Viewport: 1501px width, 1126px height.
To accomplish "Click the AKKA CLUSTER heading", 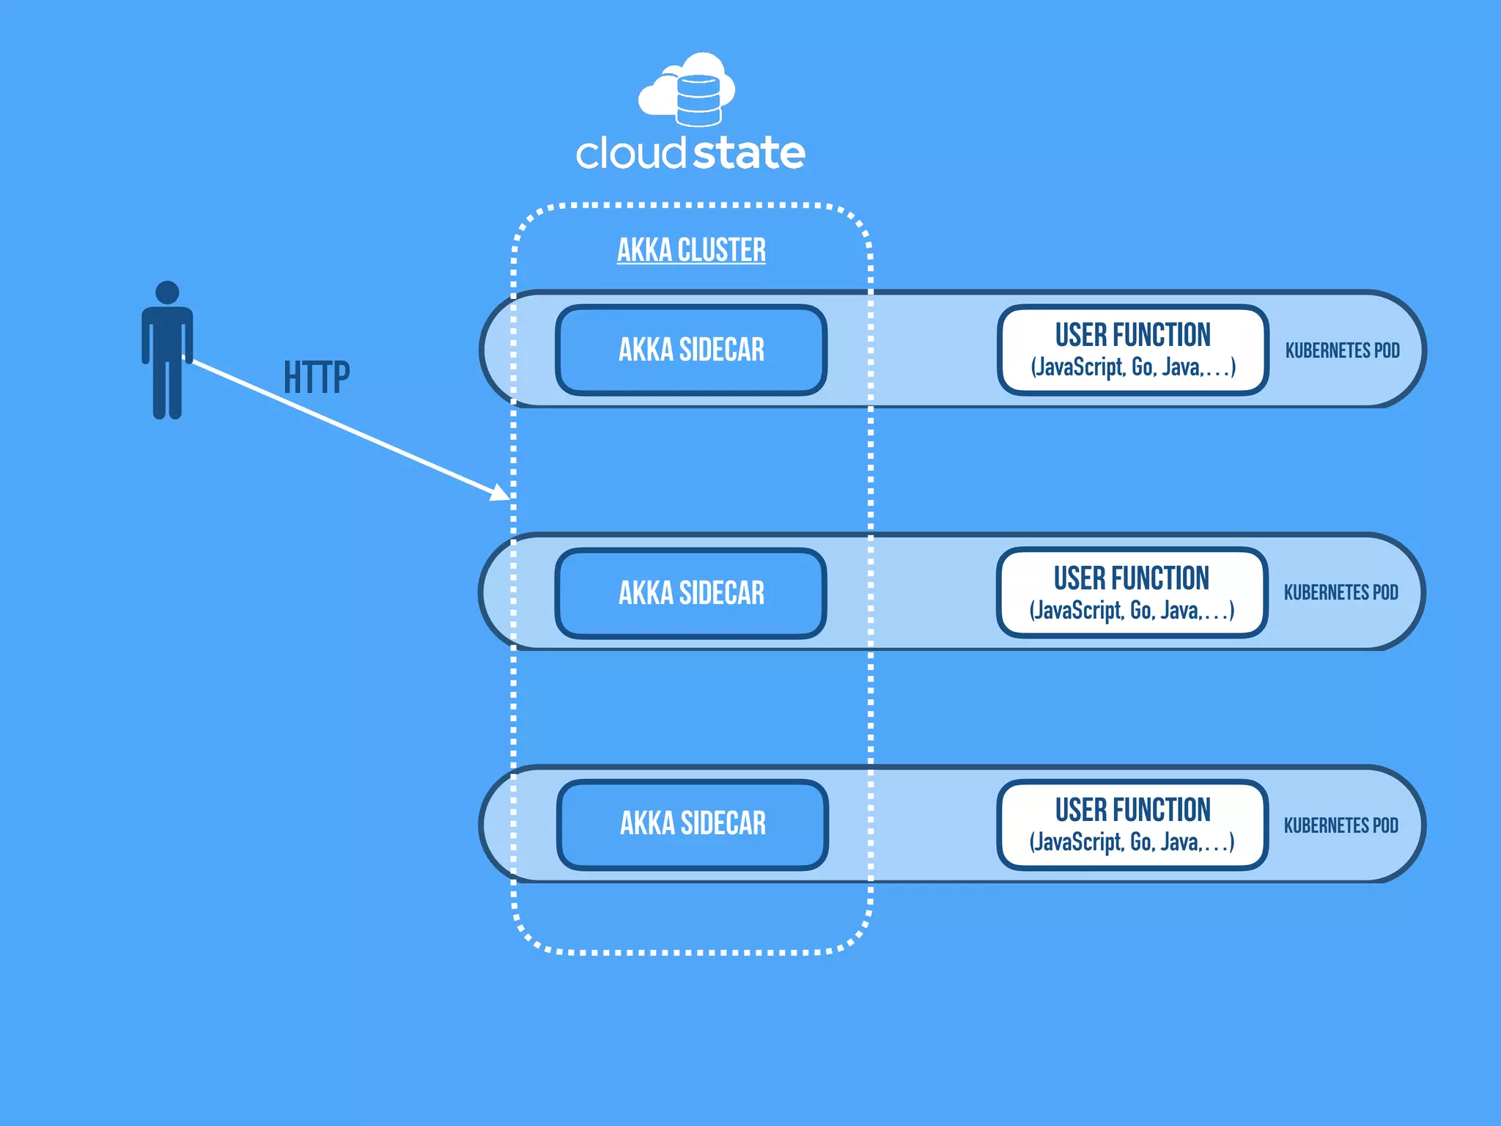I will coord(691,250).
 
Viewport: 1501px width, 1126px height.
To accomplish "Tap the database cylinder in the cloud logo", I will coord(698,100).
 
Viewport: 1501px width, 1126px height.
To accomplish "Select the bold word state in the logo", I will coord(748,153).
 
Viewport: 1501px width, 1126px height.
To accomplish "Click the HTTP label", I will coord(317,378).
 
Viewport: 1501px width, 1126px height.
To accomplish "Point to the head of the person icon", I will coord(167,292).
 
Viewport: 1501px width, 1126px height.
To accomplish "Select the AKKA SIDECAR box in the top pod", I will coord(691,350).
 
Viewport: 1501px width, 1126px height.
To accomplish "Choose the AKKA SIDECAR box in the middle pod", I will coord(691,593).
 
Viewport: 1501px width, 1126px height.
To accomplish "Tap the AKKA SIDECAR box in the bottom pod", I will coord(693,824).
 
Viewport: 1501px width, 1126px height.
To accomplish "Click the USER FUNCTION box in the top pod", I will coord(1132,350).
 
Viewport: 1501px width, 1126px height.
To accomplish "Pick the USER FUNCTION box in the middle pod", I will coord(1132,592).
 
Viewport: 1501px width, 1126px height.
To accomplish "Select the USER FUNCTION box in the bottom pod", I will coord(1132,824).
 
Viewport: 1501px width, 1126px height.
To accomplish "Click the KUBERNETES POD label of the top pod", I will coord(1342,350).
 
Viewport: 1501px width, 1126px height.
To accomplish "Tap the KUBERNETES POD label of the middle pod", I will coord(1340,592).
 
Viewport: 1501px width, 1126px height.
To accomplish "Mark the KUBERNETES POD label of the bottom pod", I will coord(1340,825).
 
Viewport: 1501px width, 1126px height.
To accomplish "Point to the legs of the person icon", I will coord(167,389).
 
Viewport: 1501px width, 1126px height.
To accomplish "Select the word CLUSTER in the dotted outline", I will coord(721,250).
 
